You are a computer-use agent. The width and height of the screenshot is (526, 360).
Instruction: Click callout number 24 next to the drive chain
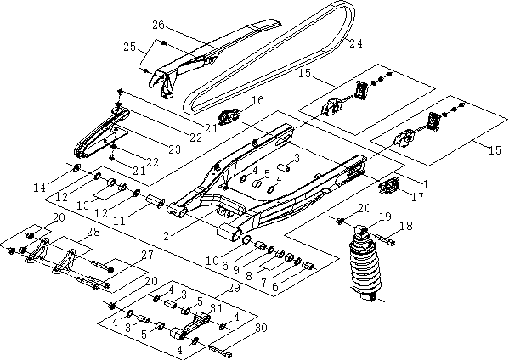(356, 42)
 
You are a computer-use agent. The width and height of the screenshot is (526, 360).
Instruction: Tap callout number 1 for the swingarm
(425, 183)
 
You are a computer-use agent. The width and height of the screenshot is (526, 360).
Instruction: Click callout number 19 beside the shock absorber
(385, 217)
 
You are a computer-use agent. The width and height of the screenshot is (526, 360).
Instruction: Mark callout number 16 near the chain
(257, 101)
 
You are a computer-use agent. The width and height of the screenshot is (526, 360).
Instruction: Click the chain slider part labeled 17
(389, 185)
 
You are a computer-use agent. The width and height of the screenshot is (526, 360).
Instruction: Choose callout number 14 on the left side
(62, 187)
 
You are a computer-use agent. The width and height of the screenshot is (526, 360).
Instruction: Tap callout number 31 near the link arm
(216, 308)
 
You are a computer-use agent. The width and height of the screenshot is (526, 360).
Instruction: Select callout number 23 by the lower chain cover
(174, 149)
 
